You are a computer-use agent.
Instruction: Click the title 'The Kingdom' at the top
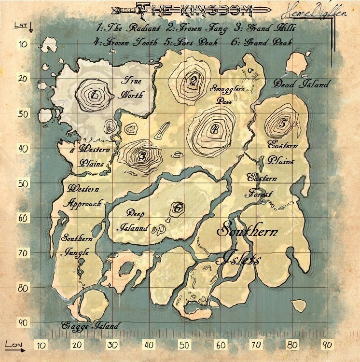188,10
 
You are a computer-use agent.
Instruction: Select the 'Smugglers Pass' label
227,94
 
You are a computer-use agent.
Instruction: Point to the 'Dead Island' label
301,84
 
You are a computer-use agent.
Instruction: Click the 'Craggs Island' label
90,326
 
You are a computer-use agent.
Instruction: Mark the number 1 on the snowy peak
95,94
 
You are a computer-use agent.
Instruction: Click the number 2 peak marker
193,81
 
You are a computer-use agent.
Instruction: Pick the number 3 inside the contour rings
142,156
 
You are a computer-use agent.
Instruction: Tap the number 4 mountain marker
214,128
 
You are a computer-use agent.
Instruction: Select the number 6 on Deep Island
177,208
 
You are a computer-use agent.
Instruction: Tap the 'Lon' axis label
13,344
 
